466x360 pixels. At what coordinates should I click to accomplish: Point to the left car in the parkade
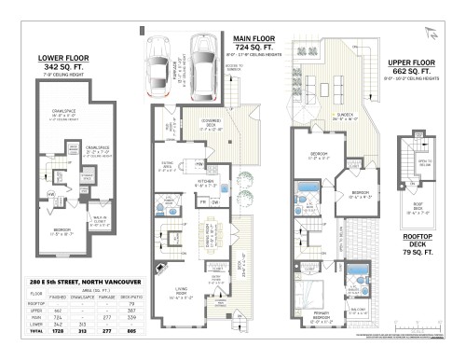tap(158, 55)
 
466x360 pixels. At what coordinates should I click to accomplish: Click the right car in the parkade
tap(201, 56)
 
